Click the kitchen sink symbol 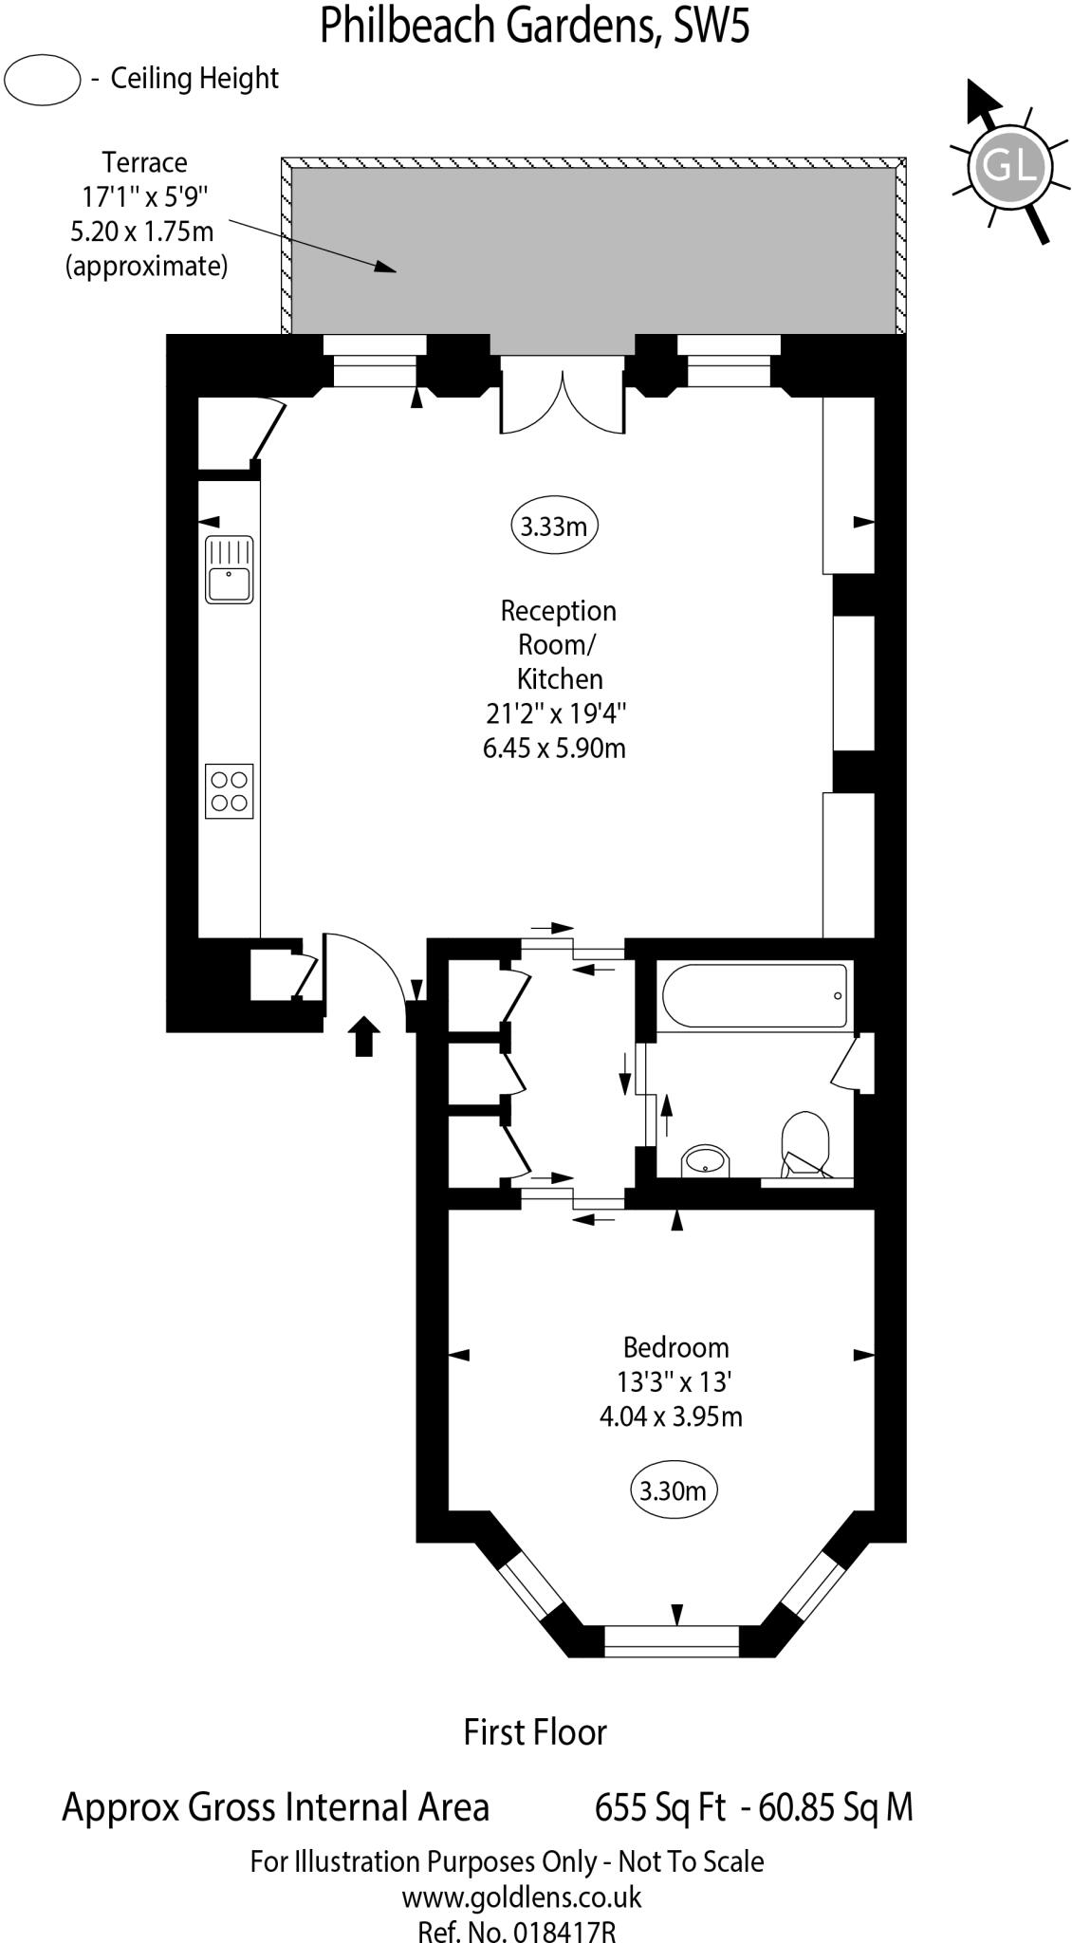[229, 569]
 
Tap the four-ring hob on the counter [229, 790]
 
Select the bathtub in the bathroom [754, 996]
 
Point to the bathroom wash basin [705, 1159]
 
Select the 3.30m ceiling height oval [673, 1490]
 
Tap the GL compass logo [1008, 166]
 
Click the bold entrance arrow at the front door [365, 1035]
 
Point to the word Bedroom [675, 1347]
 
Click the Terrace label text [145, 162]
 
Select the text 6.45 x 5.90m [554, 748]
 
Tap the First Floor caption [535, 1732]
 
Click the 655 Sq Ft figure [659, 1807]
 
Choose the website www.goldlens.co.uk [521, 1897]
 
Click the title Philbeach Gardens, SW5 [534, 26]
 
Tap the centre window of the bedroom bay [672, 1640]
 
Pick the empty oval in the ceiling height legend [42, 79]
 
